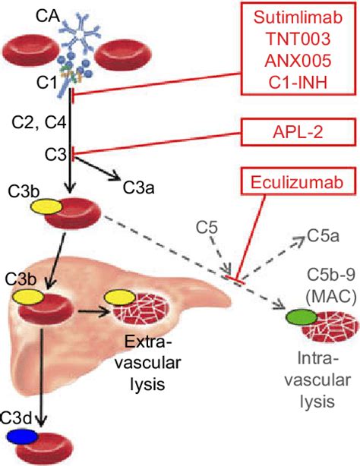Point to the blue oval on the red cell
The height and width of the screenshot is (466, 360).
click(x=21, y=436)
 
